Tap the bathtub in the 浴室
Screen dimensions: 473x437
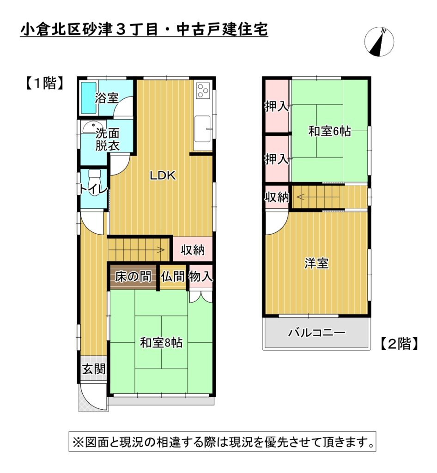88,97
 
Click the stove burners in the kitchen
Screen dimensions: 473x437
203,91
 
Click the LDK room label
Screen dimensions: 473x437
161,176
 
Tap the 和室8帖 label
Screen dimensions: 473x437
161,343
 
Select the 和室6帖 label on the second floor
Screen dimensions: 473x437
329,132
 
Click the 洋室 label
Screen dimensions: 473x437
316,263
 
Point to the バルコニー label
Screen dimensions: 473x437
316,333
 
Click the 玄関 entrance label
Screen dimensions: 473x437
94,369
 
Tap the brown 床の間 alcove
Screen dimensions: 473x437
133,277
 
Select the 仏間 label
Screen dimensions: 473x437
173,277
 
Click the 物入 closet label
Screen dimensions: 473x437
201,277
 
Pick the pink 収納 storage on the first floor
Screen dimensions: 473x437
193,250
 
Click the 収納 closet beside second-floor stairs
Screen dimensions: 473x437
277,197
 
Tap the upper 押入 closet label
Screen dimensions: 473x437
277,107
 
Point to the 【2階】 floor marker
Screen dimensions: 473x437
400,343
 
